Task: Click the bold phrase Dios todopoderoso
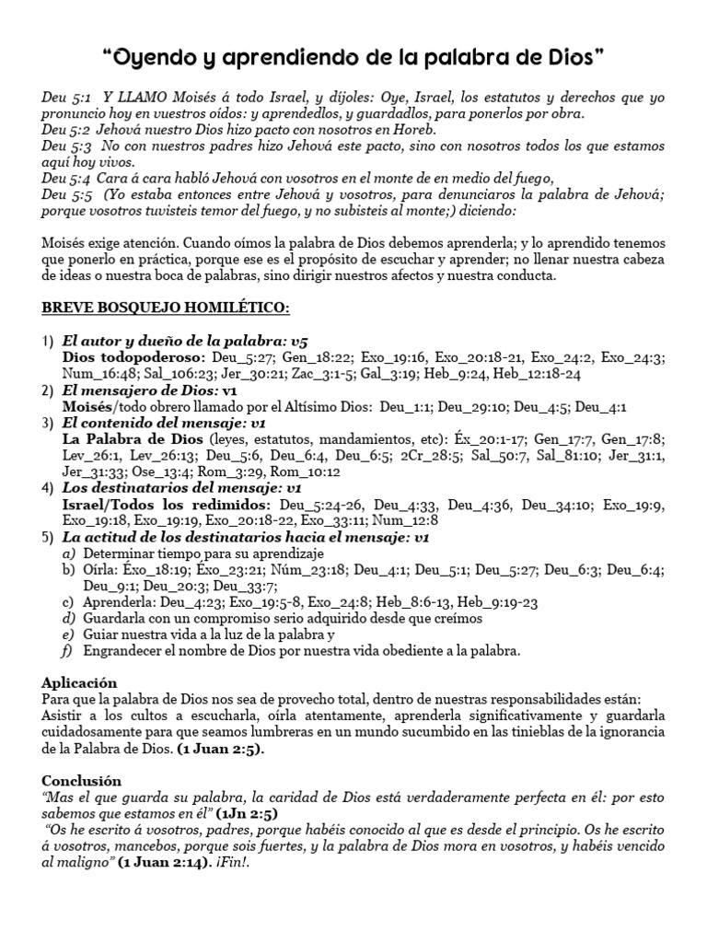click(125, 356)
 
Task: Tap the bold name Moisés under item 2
click(87, 406)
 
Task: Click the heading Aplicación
click(80, 683)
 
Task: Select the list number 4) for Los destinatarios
click(48, 489)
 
